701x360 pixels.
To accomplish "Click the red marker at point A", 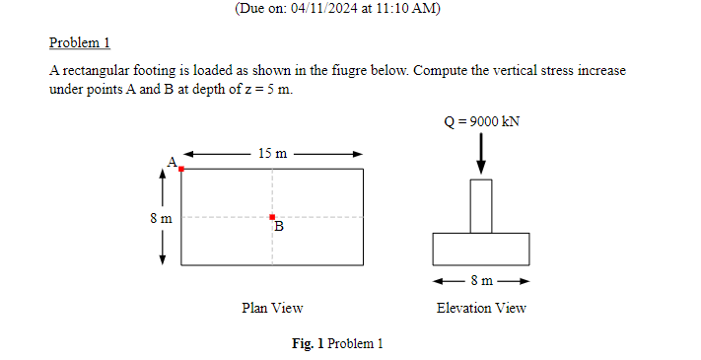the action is (x=181, y=170).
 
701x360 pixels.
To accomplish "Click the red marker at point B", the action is (x=272, y=217).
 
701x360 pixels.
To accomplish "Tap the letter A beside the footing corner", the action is (x=172, y=160).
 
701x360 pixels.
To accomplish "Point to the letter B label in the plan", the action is (x=279, y=228).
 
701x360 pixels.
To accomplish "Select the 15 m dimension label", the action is (x=272, y=153).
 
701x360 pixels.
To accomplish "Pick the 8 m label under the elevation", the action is (x=481, y=281).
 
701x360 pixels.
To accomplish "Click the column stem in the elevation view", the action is (x=481, y=205).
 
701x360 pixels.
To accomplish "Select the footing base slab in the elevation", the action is (x=481, y=249).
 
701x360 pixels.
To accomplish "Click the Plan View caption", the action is (x=272, y=308).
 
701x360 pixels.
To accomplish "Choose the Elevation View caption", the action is (x=481, y=308).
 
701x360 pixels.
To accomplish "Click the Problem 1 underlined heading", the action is (x=80, y=43).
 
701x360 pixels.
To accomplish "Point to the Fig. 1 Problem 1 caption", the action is (x=337, y=343).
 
